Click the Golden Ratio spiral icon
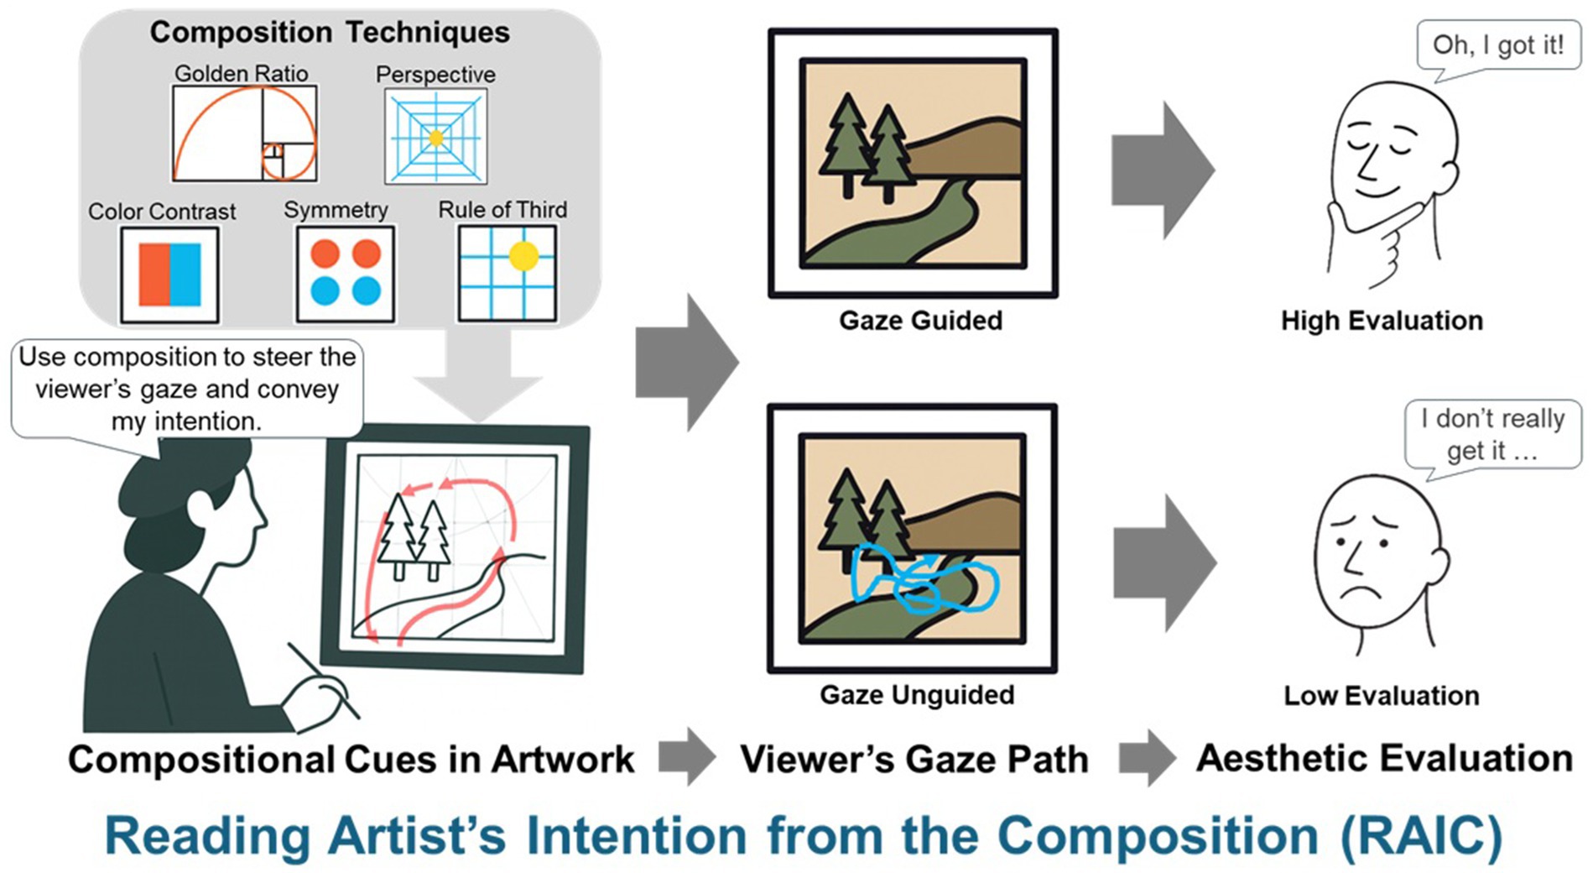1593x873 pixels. (244, 133)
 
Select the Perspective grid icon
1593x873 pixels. (435, 137)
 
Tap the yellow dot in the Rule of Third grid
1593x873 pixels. (523, 255)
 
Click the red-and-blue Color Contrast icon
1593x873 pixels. (169, 274)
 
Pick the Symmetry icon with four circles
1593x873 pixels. (345, 273)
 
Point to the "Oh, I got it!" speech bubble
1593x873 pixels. (1497, 45)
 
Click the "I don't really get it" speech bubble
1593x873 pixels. (1492, 433)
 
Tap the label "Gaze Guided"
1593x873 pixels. (920, 321)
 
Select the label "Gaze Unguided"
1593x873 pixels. (917, 695)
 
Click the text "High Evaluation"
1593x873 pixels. (1382, 321)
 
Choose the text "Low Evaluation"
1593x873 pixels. (1381, 696)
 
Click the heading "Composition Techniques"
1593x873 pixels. (330, 33)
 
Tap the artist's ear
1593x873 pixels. (201, 508)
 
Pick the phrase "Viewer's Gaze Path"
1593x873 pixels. (914, 760)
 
